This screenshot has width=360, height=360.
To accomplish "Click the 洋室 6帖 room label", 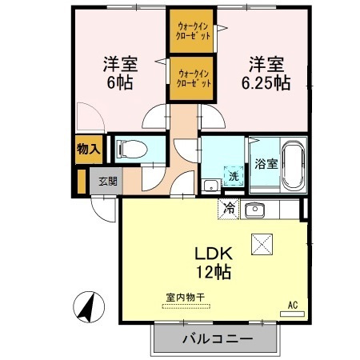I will [x=117, y=72].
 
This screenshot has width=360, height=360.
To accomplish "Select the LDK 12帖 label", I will [x=212, y=262].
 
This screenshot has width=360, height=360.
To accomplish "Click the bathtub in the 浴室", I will [x=292, y=163].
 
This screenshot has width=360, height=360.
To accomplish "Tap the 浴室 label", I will [x=266, y=164].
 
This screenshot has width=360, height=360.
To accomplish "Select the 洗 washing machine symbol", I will [x=234, y=175].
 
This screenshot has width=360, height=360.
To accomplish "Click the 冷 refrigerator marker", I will [x=229, y=210].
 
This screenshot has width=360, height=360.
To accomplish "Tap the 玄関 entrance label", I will [x=106, y=181].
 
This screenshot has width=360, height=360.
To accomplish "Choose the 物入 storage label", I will [x=88, y=149].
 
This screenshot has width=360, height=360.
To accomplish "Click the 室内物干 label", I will [x=186, y=298].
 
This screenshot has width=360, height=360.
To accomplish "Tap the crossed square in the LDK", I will [x=262, y=242].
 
